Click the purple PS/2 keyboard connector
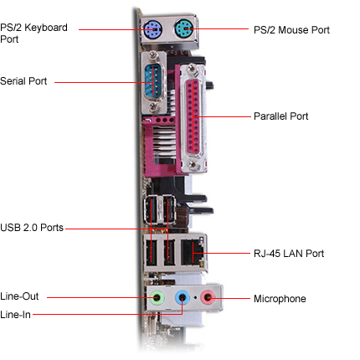point(152,29)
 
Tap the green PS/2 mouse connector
point(183,28)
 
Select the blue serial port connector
point(153,80)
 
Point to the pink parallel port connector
point(193,116)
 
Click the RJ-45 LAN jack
point(193,252)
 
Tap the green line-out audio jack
point(157,297)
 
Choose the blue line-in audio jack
point(183,297)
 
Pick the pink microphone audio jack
point(208,297)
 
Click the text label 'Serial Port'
point(23,81)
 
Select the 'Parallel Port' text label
point(280,116)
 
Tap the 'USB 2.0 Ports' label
point(32,228)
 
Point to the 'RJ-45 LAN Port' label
point(289,254)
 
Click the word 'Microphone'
point(280,299)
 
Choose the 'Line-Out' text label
point(19,296)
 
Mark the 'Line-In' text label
point(15,315)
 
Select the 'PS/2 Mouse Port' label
point(291,30)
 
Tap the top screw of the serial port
point(153,55)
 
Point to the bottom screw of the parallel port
point(193,164)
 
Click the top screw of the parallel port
point(193,69)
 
